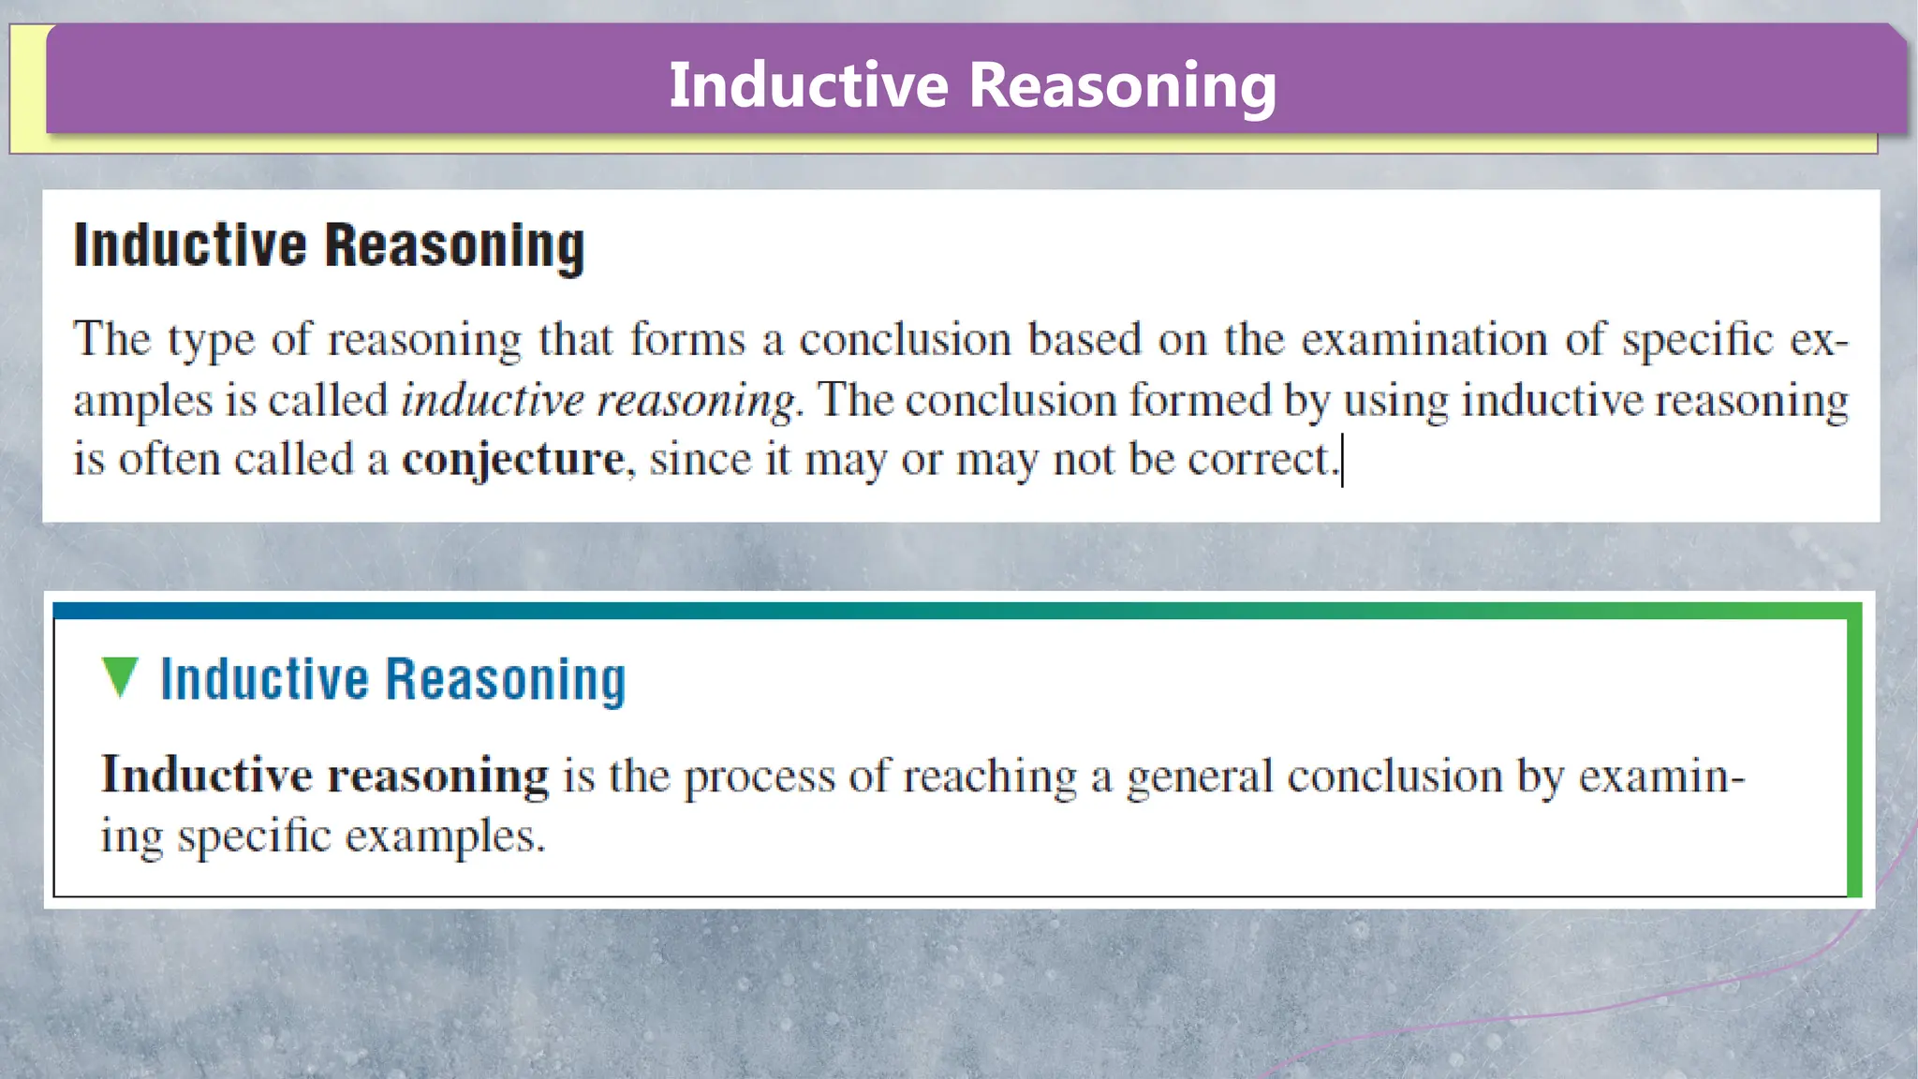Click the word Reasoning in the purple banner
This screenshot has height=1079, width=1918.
tap(1121, 86)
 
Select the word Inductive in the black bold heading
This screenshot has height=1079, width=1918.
tap(190, 245)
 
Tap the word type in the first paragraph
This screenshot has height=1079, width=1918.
tap(211, 340)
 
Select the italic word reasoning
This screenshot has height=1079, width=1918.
tap(696, 401)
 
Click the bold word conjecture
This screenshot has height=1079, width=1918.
tap(513, 460)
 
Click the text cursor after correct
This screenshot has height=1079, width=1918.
tap(1343, 460)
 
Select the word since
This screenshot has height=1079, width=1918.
tap(700, 459)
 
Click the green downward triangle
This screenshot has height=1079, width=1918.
tap(120, 676)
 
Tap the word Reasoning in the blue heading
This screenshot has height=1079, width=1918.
tap(506, 680)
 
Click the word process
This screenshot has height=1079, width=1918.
tap(759, 776)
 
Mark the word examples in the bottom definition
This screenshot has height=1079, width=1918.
tap(443, 835)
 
